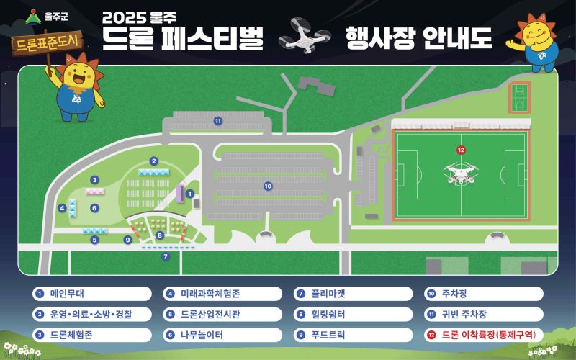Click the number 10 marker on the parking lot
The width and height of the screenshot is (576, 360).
[268, 186]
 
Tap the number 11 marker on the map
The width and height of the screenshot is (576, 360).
[217, 121]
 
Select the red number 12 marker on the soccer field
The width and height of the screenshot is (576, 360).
[461, 150]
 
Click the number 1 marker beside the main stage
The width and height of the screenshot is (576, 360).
[189, 194]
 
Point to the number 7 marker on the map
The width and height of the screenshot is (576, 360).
[165, 256]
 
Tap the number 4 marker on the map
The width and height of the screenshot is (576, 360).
[63, 208]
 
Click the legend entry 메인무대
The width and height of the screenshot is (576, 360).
[91, 294]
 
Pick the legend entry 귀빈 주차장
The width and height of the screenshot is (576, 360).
[485, 315]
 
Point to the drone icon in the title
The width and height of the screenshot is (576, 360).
[304, 36]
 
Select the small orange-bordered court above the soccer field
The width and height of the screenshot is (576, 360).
[518, 96]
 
